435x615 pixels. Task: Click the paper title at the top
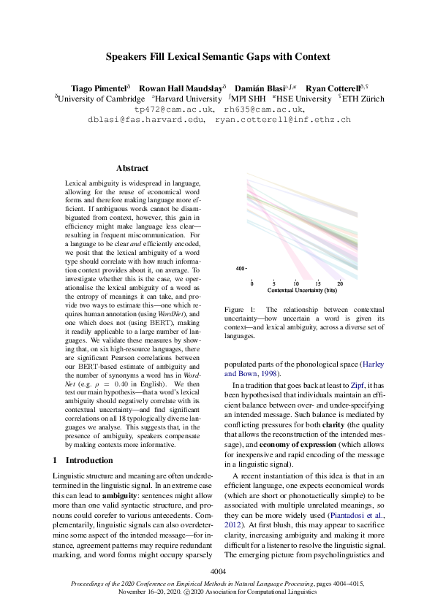(x=217, y=56)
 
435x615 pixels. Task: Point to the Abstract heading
(x=132, y=168)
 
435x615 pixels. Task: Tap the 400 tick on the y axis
(x=239, y=270)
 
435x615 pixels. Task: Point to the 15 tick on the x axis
(x=317, y=283)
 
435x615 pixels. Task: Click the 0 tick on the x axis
(x=252, y=283)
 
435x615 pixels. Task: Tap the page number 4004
(x=217, y=570)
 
